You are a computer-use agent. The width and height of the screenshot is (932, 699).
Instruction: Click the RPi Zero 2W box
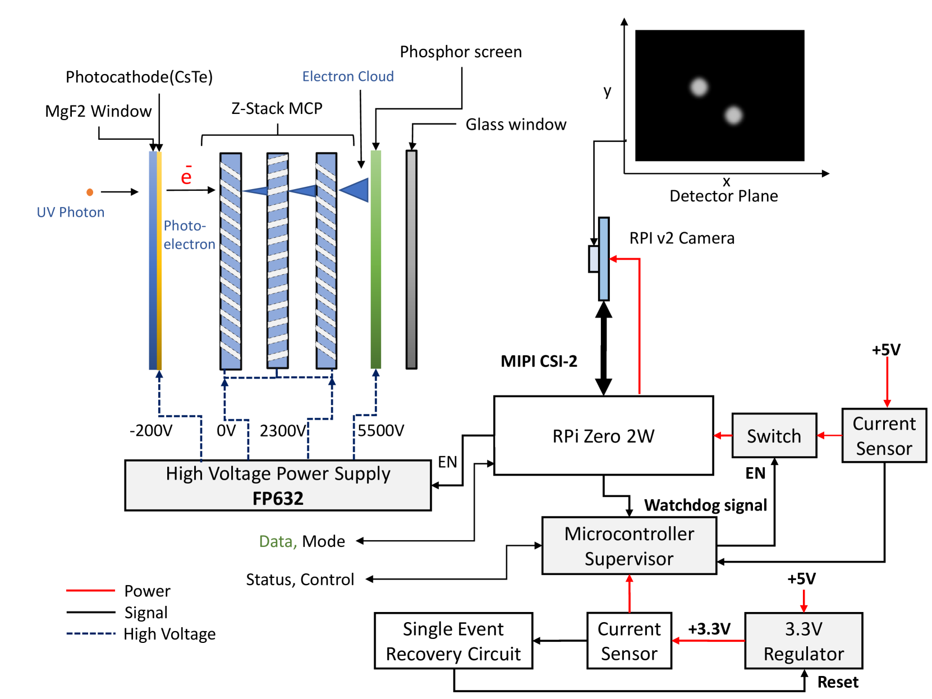[x=603, y=435]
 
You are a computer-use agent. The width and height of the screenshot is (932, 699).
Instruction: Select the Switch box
[x=774, y=435]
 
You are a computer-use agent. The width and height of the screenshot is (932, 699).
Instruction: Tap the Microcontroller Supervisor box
[x=629, y=546]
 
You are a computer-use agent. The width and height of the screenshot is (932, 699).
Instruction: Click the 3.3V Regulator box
[x=804, y=641]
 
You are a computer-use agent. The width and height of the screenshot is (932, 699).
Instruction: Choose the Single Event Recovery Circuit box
[x=453, y=641]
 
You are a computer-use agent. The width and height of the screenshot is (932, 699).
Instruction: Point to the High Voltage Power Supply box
[x=278, y=485]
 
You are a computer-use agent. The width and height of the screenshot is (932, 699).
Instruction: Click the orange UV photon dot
[x=90, y=192]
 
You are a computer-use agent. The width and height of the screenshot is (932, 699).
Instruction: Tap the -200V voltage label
[x=151, y=430]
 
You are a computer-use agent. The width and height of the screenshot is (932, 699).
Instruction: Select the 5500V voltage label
[x=380, y=430]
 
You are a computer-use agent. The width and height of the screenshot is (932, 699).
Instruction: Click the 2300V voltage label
[x=283, y=431]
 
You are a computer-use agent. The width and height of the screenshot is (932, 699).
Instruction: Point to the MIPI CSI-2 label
[x=539, y=361]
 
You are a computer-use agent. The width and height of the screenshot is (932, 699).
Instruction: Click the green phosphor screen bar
[x=376, y=259]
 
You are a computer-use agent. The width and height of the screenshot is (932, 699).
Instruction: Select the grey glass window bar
[x=411, y=259]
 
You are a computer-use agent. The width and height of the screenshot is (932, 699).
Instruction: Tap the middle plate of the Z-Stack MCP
[x=277, y=260]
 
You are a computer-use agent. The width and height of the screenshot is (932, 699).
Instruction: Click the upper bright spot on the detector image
[x=699, y=87]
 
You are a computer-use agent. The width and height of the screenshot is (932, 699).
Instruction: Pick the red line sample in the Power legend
[x=90, y=590]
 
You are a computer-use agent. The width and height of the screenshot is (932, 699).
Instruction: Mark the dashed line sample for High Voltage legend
[x=90, y=633]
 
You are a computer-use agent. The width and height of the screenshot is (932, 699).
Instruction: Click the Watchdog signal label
[x=705, y=505]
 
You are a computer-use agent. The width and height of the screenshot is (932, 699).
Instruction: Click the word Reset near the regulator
[x=838, y=682]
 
